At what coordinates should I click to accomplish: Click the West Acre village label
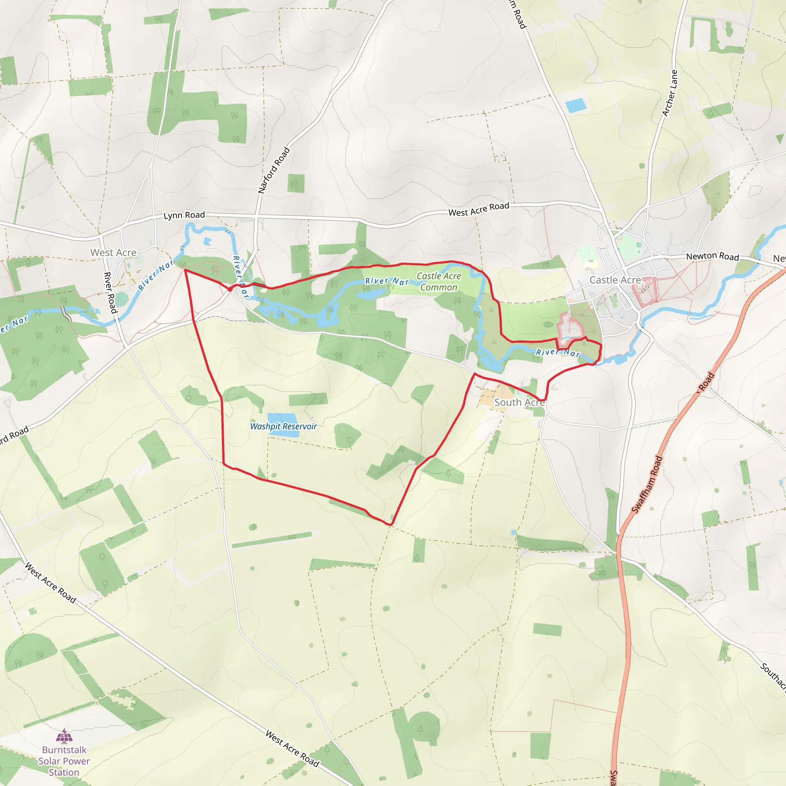113,253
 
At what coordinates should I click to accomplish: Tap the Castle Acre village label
615,280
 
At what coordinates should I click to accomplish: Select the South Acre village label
519,402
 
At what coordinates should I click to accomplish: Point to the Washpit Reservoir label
283,426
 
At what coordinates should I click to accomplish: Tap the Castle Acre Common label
439,282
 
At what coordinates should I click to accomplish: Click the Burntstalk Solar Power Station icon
64,736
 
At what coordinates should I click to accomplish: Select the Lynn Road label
184,215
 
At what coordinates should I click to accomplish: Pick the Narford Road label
274,170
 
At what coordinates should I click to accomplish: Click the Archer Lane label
670,93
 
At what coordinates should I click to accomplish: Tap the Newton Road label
712,256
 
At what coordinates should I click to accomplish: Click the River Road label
110,292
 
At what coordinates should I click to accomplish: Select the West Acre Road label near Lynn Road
479,209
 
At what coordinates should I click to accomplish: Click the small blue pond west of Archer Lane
576,106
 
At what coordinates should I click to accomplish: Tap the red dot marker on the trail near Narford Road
230,289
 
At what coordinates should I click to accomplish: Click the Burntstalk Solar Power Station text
64,761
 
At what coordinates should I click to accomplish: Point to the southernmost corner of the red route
390,525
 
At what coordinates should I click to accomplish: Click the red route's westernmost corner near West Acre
185,270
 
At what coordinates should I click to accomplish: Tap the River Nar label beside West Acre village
156,277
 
